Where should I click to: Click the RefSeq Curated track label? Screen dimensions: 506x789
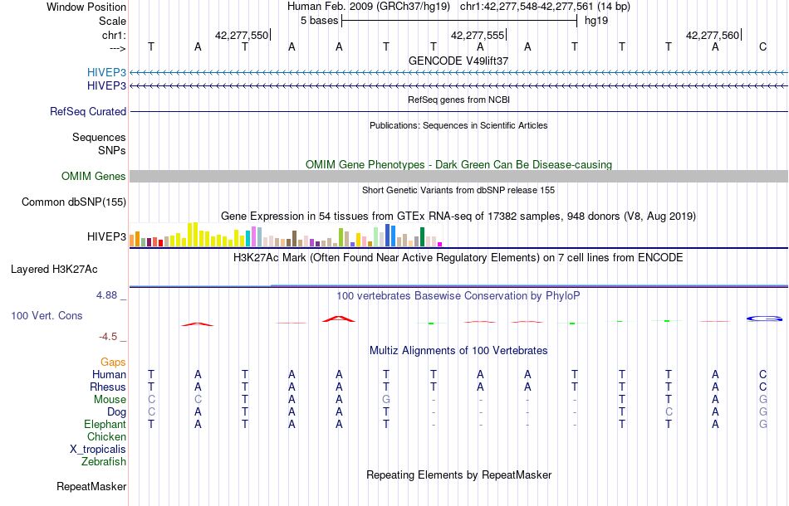[88, 111]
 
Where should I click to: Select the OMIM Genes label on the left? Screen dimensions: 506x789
[94, 176]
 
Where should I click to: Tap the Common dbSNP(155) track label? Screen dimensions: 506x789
[74, 202]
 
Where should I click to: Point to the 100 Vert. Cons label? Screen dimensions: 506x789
[47, 316]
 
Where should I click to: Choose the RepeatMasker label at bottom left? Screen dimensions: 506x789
[91, 486]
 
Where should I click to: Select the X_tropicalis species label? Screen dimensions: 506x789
[98, 449]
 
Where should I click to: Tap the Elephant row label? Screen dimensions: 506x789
[105, 424]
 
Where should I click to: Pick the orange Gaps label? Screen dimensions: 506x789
[113, 362]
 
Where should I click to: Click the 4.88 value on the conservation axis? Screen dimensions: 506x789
[110, 295]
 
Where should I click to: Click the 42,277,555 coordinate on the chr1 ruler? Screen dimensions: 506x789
[477, 36]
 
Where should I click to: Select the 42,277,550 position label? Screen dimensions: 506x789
[241, 36]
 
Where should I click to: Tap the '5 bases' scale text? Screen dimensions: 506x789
[319, 20]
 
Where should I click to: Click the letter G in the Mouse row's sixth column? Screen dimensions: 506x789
[386, 399]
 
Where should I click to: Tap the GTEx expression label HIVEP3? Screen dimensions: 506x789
[106, 237]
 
